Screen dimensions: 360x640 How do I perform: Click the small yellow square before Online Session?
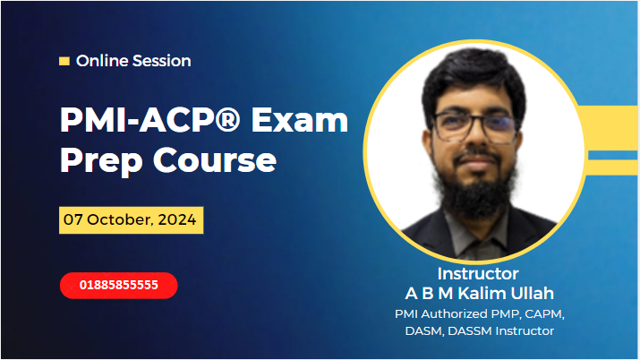(64, 61)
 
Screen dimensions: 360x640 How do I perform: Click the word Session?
(160, 61)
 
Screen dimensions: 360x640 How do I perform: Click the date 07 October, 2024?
(132, 219)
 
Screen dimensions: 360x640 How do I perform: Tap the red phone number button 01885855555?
(119, 286)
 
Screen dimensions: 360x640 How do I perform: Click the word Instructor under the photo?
(478, 273)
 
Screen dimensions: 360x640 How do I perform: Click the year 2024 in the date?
(180, 219)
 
